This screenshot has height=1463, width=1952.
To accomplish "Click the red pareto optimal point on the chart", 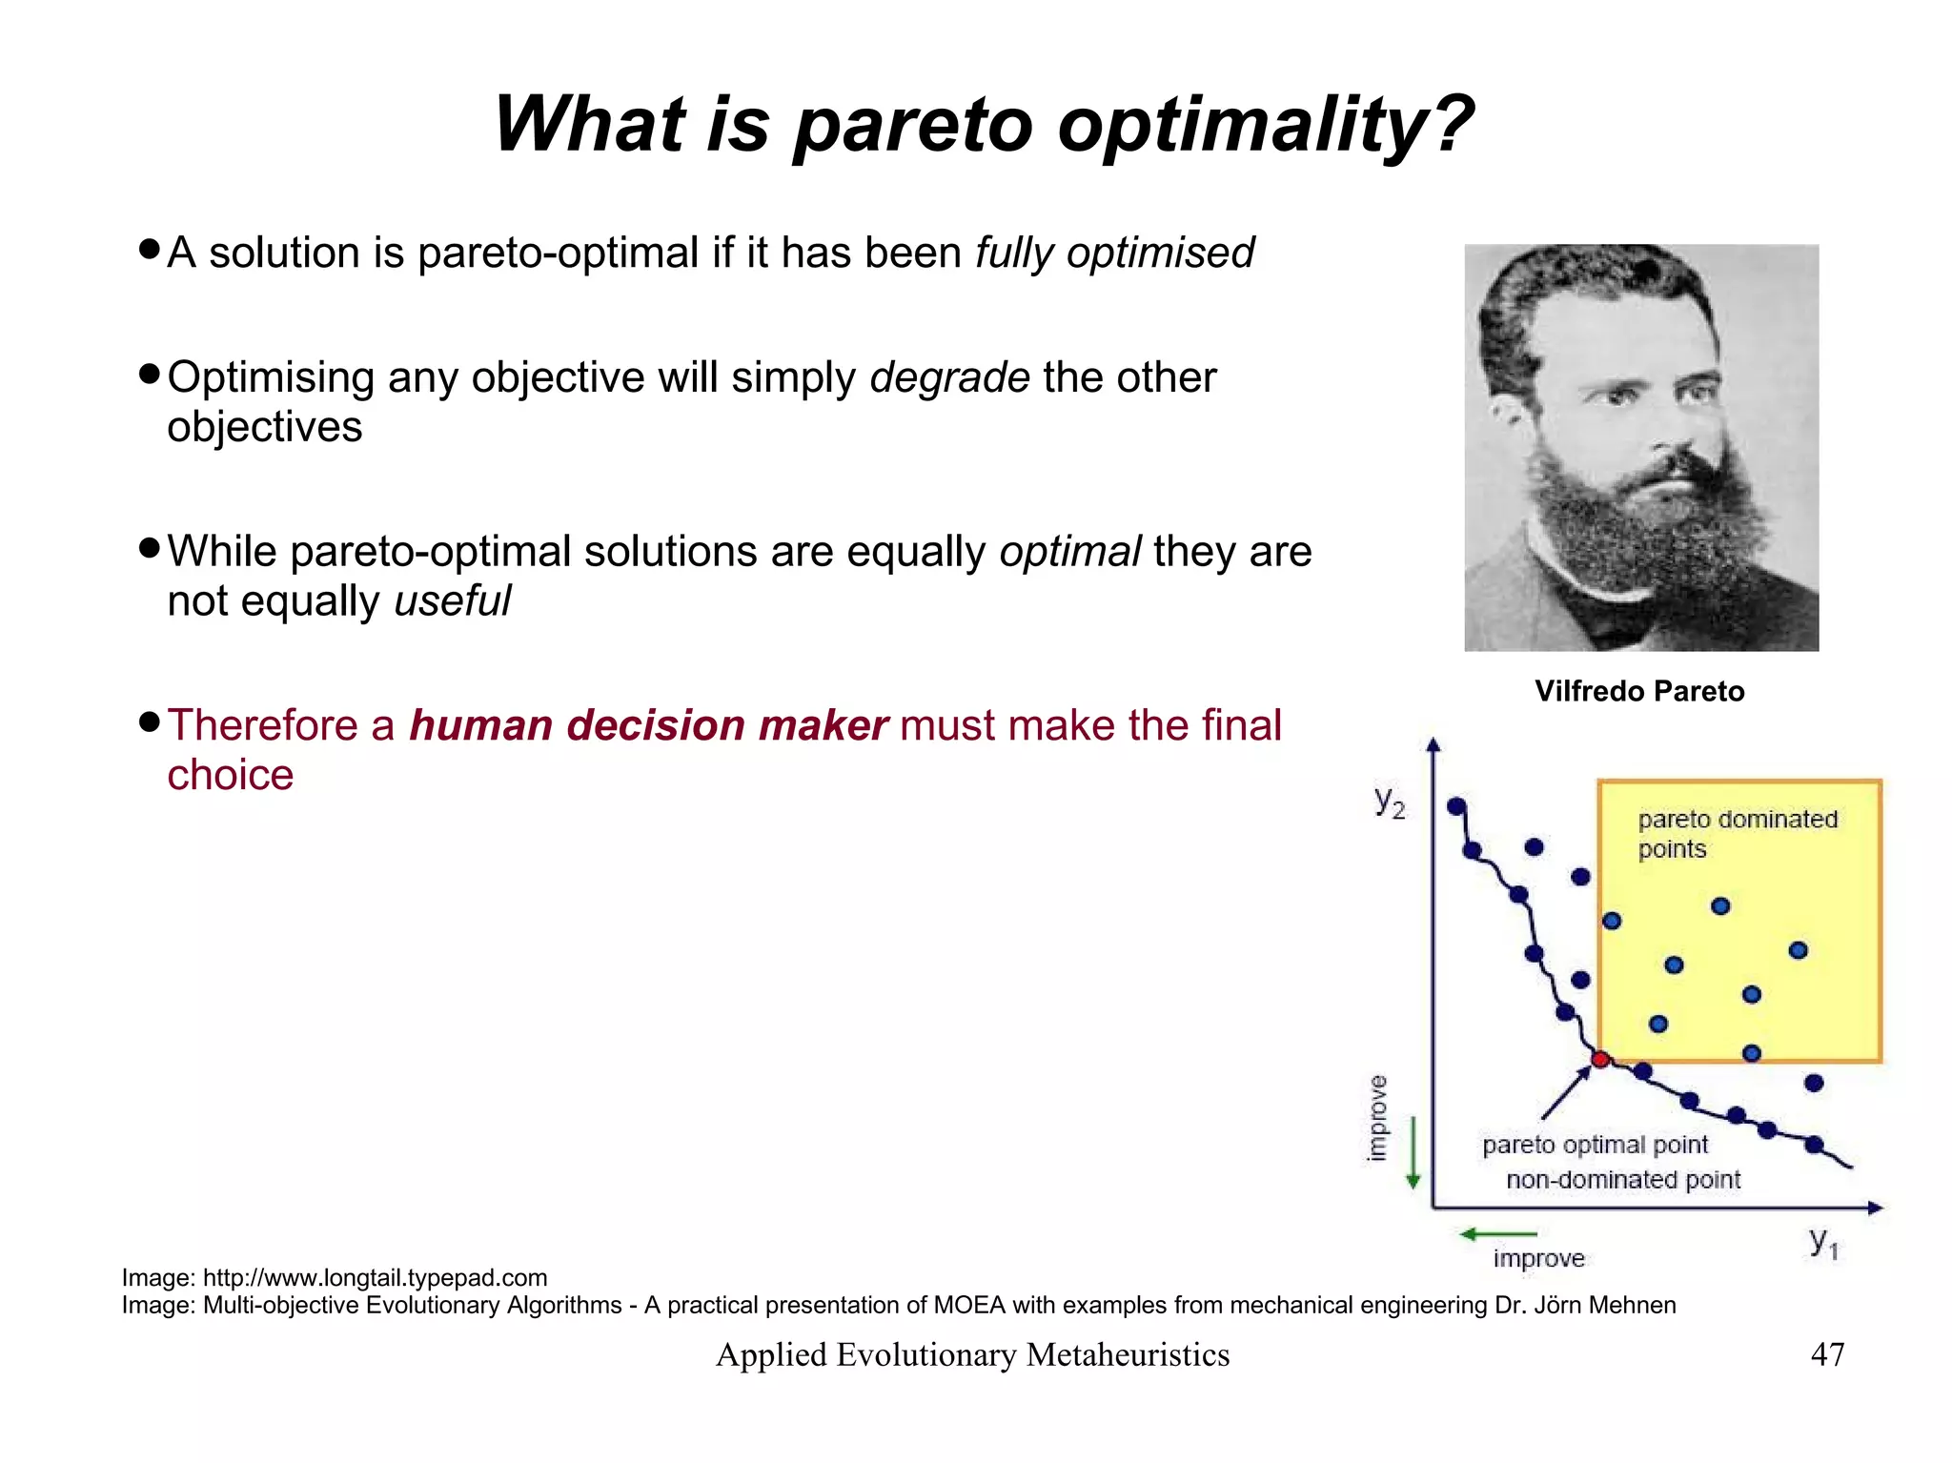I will coord(1600,1060).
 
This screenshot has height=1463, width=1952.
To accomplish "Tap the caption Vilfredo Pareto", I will coord(1639,691).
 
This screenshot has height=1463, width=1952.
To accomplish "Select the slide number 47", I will coord(1827,1354).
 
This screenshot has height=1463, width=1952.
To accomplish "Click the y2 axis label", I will coord(1390,802).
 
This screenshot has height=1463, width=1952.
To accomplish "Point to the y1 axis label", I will coord(1823,1242).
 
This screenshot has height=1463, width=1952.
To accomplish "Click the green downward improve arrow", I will coord(1413,1154).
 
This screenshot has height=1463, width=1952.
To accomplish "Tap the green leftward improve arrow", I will coord(1496,1234).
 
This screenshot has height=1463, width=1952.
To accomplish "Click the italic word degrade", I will coord(949,378).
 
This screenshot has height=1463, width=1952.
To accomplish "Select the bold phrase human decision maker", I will coord(648,725).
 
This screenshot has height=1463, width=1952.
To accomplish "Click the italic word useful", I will coord(452,601).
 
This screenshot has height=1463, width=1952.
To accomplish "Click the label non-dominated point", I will coord(1622,1180).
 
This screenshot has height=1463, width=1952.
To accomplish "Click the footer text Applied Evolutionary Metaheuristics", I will coord(972,1354).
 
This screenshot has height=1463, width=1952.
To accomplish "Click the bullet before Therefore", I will coord(149,721).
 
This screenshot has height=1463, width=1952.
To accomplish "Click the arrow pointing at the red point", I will coord(1565,1092).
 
